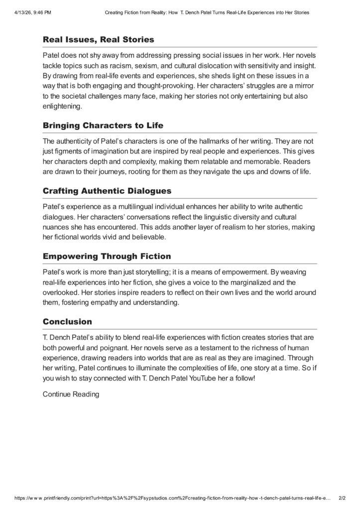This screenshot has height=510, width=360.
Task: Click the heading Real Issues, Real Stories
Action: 98,39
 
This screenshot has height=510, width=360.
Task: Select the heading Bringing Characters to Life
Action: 103,125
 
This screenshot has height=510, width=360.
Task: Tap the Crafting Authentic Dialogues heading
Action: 107,191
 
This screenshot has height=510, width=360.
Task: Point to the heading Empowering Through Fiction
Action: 107,256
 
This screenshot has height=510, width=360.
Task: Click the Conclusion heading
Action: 67,322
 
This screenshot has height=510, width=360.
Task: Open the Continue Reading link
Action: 71,394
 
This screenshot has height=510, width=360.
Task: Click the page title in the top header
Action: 207,12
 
